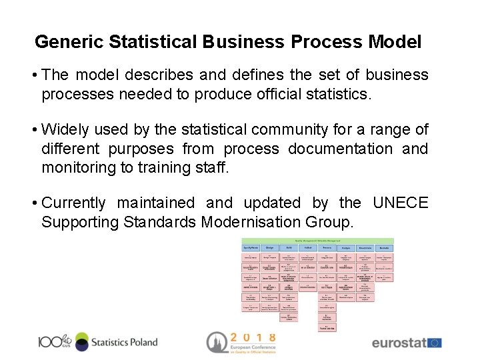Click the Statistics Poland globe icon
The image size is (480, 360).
(81, 342)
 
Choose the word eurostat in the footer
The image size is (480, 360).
(399, 343)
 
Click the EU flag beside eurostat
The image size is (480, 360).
(435, 343)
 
